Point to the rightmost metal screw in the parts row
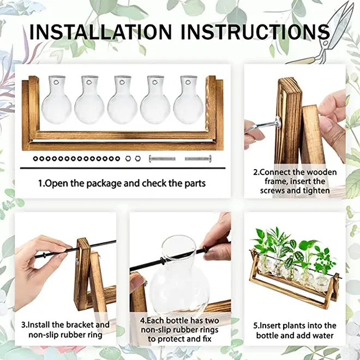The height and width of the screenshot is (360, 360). point(197,159)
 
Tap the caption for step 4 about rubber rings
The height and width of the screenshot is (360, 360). point(179,329)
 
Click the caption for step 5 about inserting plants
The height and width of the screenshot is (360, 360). point(295,331)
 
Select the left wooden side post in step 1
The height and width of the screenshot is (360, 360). point(31,112)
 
